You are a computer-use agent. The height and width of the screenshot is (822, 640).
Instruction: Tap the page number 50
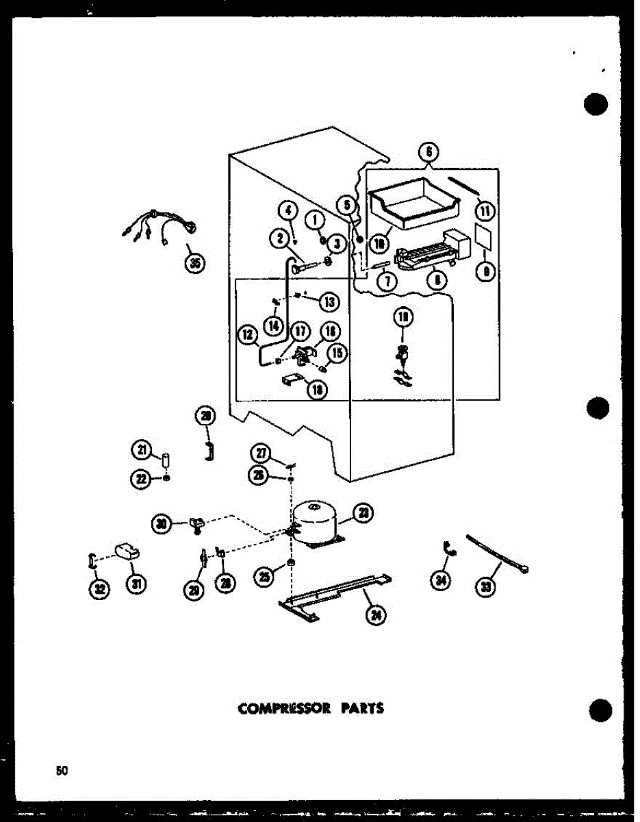(62, 770)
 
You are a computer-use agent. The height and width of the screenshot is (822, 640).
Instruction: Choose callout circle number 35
(196, 263)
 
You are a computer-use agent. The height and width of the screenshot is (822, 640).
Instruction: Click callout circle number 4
(287, 210)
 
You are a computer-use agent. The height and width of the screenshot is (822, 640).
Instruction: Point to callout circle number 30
(161, 525)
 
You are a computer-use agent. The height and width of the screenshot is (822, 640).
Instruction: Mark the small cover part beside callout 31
(127, 551)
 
